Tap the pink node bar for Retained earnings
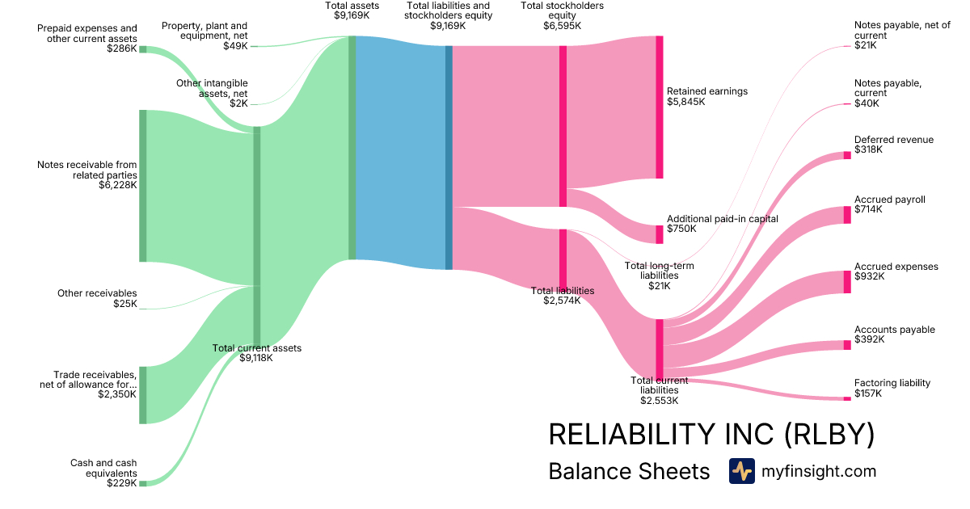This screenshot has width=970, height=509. point(660,107)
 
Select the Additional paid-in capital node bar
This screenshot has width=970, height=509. point(660,234)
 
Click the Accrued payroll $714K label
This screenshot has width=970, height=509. point(890,204)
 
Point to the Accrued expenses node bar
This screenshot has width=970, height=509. point(847,282)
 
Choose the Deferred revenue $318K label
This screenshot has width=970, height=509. point(893,145)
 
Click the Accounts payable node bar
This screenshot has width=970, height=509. point(847,345)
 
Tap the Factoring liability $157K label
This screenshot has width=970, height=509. point(892,388)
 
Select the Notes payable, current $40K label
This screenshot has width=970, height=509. point(888,93)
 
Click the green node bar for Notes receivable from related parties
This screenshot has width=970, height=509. point(143,186)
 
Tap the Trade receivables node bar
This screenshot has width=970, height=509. point(143,394)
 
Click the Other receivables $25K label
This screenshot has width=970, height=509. point(97,298)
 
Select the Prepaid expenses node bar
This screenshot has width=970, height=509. point(143,49)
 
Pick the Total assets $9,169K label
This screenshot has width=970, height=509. point(352,10)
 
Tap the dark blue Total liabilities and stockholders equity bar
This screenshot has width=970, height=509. point(449,158)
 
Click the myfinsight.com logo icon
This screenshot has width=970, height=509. point(741,471)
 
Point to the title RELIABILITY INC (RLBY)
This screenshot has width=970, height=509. point(711,435)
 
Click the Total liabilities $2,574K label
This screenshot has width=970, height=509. point(563,296)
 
